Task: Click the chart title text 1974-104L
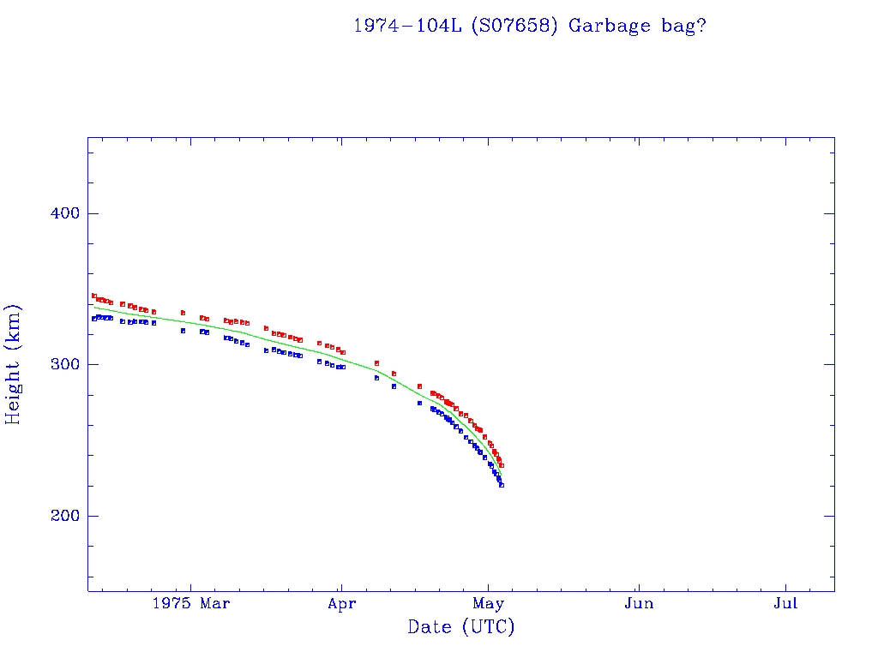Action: tap(408, 26)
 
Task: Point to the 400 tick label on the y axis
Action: tap(57, 213)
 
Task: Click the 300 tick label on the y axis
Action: tap(57, 365)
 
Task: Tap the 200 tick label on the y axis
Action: tap(57, 516)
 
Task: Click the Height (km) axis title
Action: tap(14, 364)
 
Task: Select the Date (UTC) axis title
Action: tap(461, 628)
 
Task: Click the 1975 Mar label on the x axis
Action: tap(190, 604)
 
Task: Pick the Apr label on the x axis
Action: tap(340, 604)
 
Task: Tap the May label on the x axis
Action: tap(489, 604)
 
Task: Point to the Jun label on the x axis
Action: tap(639, 604)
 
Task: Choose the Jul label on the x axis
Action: tap(785, 604)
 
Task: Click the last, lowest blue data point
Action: tap(502, 485)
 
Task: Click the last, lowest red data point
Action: tap(502, 465)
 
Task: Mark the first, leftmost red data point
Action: tap(94, 296)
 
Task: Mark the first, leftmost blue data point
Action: tap(94, 319)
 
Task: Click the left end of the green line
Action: tap(94, 307)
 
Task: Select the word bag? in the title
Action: tap(685, 26)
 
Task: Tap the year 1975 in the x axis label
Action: tap(170, 604)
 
